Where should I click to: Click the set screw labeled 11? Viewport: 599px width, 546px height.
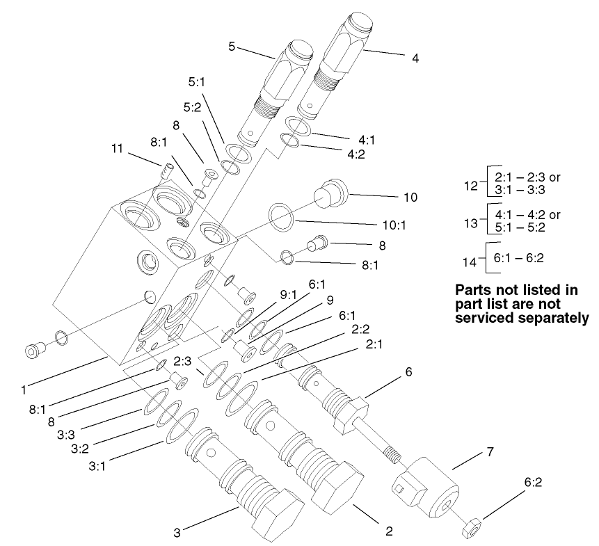tap(166, 169)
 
